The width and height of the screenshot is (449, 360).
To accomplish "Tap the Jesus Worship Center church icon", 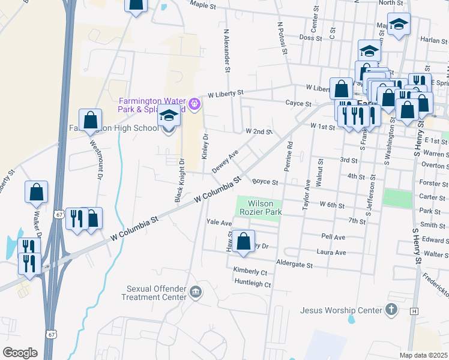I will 391,310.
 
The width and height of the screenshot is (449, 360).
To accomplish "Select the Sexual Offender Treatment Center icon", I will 195,292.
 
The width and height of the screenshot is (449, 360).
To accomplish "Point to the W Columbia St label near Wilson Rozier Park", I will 217,189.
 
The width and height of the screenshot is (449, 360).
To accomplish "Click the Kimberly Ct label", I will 251,271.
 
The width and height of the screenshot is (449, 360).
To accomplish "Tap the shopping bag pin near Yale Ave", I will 243,241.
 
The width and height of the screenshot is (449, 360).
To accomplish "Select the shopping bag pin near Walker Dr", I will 36,192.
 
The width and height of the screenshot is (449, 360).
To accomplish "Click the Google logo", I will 20,352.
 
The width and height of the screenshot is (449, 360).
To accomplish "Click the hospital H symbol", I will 414,311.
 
